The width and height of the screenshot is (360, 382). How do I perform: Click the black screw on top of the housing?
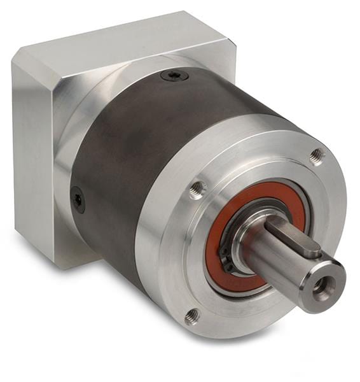[x=174, y=76]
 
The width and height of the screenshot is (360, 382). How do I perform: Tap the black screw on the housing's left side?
[x=78, y=199]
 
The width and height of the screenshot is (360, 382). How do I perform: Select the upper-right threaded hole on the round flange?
[x=316, y=155]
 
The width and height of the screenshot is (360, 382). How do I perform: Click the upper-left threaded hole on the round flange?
[x=197, y=188]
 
